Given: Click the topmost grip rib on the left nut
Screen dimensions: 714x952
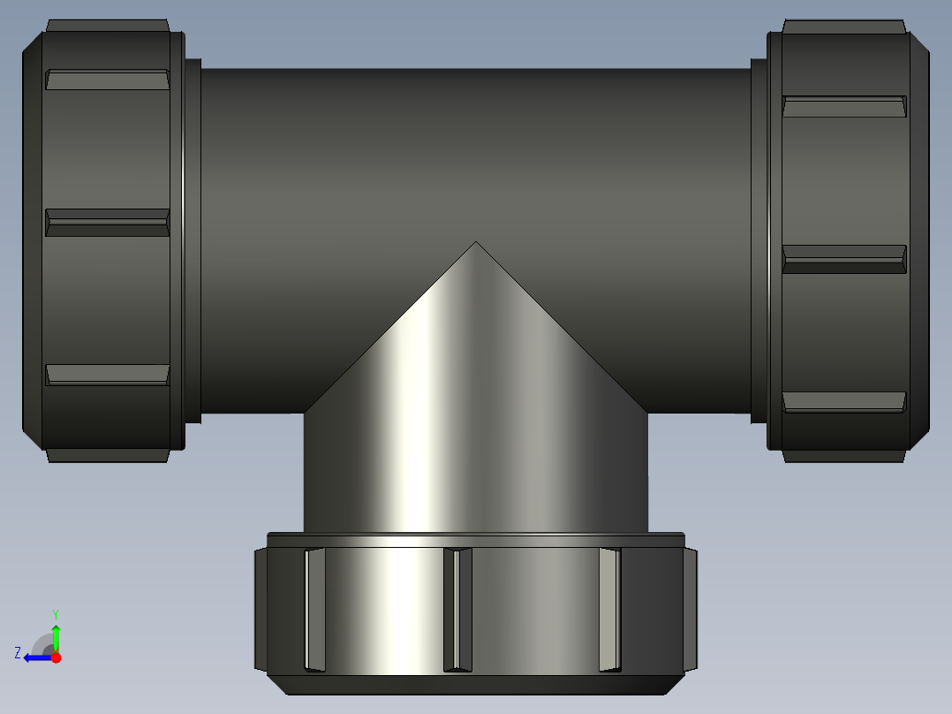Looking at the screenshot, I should coord(107,80).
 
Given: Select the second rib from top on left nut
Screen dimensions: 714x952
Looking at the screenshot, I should coord(107,223).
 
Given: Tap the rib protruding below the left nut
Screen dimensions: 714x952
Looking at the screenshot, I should coord(107,455).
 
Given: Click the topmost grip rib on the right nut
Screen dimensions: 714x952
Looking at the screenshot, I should coord(844,107).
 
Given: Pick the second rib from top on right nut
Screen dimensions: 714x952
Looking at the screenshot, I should coord(844,259).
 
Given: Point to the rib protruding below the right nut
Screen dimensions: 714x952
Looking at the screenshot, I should coord(844,456).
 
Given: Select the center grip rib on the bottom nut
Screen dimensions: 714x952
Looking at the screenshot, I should coord(457,610).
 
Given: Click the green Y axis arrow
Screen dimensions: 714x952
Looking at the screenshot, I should coord(56,635).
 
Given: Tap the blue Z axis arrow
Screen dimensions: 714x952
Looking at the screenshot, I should coord(35,657).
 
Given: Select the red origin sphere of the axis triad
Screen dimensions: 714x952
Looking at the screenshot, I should coord(56,657).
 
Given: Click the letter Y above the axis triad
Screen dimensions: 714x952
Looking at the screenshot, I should coord(55,613).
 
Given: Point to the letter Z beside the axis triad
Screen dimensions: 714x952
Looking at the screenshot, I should coord(18,652).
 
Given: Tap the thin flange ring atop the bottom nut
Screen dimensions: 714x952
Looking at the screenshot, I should coord(475,539).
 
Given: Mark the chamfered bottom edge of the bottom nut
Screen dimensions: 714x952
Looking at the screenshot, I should coord(475,684).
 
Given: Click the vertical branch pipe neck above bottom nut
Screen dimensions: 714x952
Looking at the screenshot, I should coord(475,477).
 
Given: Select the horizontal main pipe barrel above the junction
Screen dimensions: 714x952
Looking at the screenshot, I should coord(475,150).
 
